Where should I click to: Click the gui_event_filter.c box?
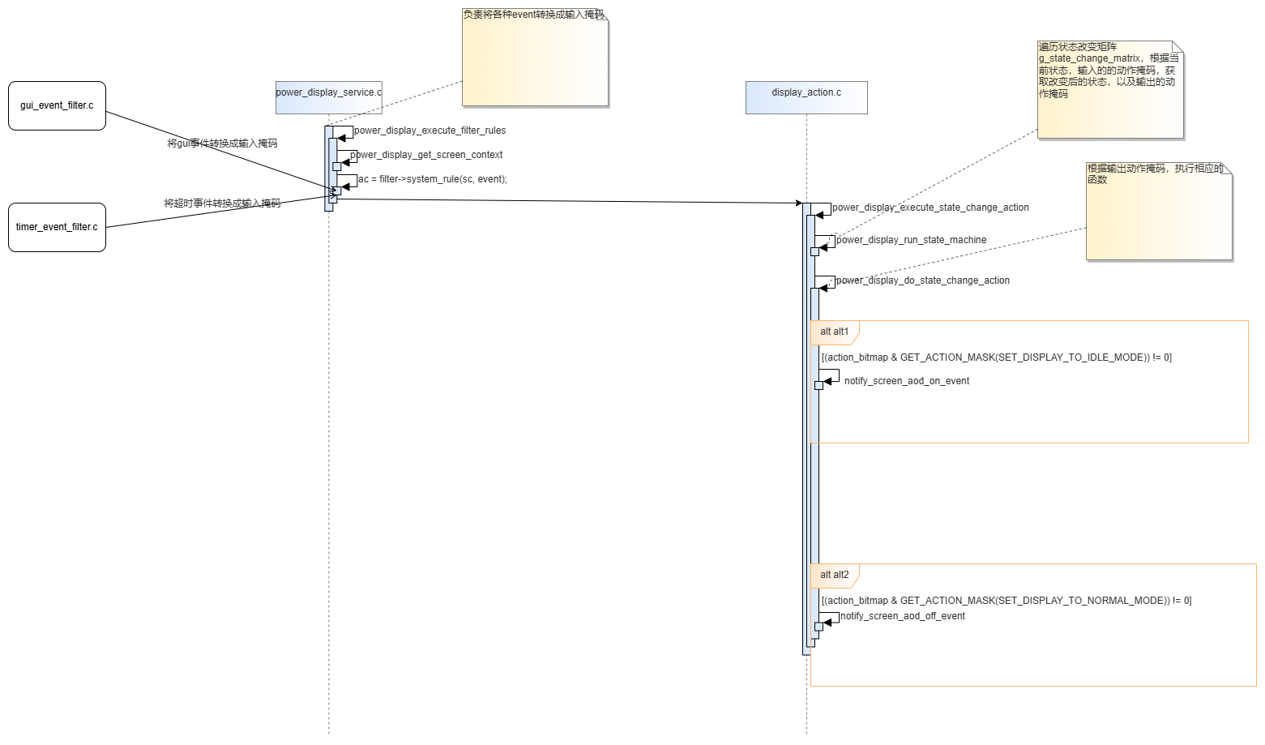click(x=57, y=105)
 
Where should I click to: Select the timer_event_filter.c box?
click(x=57, y=227)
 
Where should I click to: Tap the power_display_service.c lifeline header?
click(x=329, y=98)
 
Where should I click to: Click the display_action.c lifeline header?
click(x=806, y=98)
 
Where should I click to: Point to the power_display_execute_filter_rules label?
click(x=430, y=131)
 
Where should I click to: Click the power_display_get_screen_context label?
click(x=426, y=155)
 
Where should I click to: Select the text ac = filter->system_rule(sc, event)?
click(x=433, y=179)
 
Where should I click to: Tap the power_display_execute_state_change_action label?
click(x=930, y=208)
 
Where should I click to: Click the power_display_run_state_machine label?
click(x=912, y=239)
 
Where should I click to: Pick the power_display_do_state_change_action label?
click(x=923, y=280)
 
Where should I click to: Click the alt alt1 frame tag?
click(x=835, y=332)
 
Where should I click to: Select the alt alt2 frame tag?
click(x=835, y=575)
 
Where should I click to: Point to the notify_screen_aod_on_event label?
click(x=907, y=381)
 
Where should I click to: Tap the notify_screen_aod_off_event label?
click(x=903, y=616)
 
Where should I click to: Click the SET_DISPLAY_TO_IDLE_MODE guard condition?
click(x=997, y=358)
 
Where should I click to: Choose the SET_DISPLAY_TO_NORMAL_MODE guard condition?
click(x=1006, y=601)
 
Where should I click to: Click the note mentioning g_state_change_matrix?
click(x=1110, y=89)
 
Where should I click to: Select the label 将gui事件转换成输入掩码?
click(x=222, y=143)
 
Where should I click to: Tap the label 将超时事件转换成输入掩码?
click(x=222, y=203)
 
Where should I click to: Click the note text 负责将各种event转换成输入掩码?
click(x=534, y=15)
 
